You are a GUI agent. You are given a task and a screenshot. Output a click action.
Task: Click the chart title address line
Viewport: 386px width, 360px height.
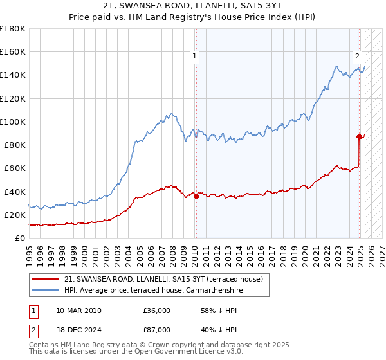tap(193, 6)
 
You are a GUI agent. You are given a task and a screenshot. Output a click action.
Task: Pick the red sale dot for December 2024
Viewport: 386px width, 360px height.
tap(359, 136)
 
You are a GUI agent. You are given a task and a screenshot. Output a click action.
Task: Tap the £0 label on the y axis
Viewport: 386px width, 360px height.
tap(19, 238)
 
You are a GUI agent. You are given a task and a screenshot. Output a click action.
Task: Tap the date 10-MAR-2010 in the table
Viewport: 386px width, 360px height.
tap(78, 310)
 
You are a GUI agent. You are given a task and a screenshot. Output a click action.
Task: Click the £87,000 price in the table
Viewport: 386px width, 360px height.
tap(157, 328)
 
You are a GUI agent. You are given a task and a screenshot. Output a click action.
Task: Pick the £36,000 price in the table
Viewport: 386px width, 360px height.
tap(157, 310)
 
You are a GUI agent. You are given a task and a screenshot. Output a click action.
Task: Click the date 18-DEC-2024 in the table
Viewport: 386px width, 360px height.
tap(78, 328)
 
